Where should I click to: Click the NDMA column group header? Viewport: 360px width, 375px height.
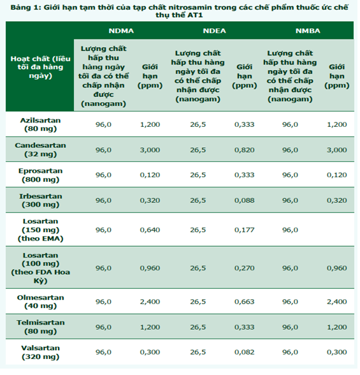[122, 31]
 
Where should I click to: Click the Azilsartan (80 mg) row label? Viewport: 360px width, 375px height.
[41, 125]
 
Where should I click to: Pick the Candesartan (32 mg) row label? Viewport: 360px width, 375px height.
[41, 151]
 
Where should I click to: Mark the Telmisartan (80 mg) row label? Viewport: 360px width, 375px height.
[41, 328]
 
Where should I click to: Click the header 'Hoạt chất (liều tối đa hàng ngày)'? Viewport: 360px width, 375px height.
[41, 68]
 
